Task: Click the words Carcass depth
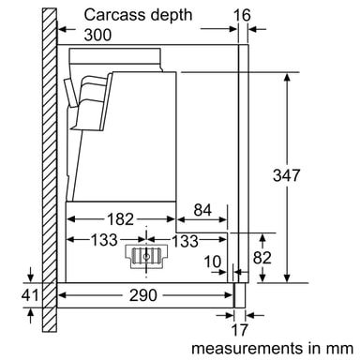[138, 15]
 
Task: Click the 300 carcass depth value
[97, 35]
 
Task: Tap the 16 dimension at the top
[242, 15]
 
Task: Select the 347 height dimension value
[287, 175]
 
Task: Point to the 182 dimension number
[120, 219]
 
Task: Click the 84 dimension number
[202, 210]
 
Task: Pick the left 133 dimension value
[104, 240]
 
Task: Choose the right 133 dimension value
[185, 241]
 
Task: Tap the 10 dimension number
[213, 262]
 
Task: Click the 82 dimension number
[262, 258]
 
